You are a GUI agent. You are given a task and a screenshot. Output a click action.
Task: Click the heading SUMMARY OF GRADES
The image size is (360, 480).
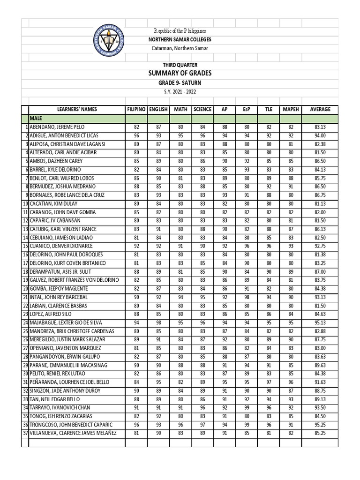pyautogui.click(x=180, y=73)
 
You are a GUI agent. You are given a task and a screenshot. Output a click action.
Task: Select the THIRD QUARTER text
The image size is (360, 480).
pyautogui.click(x=180, y=65)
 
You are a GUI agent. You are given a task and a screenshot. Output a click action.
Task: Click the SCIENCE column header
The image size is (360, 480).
pyautogui.click(x=202, y=109)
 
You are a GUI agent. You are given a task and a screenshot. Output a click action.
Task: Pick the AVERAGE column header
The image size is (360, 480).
pyautogui.click(x=320, y=109)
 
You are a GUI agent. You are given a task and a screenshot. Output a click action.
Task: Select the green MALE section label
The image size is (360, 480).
pyautogui.click(x=37, y=119)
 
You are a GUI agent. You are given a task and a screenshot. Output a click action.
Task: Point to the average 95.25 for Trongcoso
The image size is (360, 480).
pyautogui.click(x=320, y=425)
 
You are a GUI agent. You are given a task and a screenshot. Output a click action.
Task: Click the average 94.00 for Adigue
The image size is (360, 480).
pyautogui.click(x=320, y=135)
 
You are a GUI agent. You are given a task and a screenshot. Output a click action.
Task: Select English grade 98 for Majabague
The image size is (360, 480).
pyautogui.click(x=158, y=322)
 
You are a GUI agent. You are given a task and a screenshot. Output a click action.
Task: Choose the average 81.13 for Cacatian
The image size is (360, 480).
pyautogui.click(x=320, y=204)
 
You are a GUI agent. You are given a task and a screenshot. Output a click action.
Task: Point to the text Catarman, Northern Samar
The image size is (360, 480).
pyautogui.click(x=180, y=48)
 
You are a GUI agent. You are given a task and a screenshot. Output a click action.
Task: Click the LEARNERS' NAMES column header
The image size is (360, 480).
pyautogui.click(x=76, y=109)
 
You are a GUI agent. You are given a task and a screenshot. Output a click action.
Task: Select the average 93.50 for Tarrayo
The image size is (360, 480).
pyautogui.click(x=320, y=407)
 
